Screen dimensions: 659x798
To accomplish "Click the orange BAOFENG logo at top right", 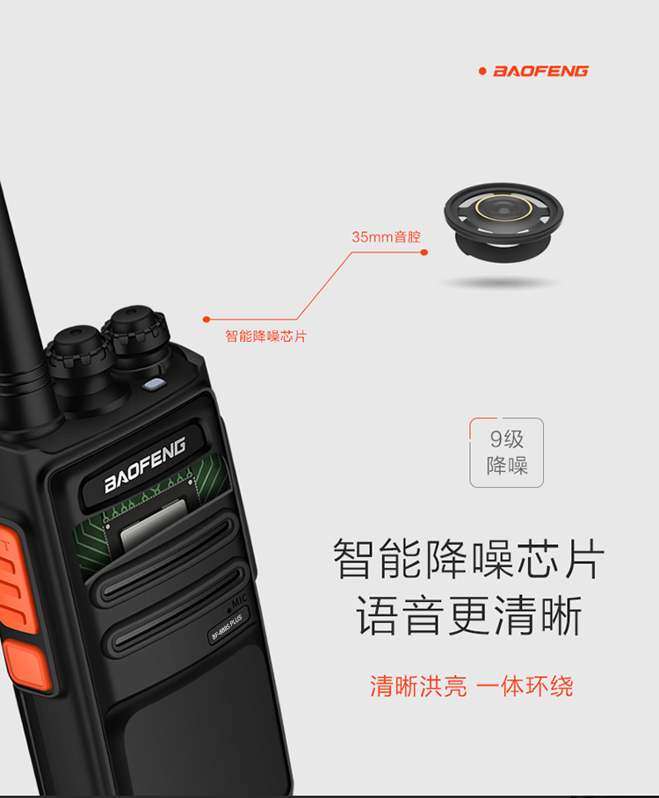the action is [541, 70].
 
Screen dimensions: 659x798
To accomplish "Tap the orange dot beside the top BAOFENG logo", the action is [482, 71].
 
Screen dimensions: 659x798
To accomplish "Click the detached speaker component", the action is [503, 222].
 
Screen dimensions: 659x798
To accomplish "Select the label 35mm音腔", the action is [387, 236].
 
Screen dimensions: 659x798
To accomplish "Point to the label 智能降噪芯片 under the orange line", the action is [266, 336].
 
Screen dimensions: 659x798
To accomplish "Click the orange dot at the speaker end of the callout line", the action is [424, 252].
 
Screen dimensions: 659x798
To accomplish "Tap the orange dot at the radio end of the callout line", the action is [206, 319].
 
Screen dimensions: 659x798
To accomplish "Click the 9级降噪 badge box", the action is [506, 453].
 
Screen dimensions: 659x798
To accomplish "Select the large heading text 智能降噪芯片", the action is [468, 559].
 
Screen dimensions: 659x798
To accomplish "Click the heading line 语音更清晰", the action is [468, 615].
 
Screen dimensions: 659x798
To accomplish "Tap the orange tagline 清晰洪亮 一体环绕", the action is [471, 686].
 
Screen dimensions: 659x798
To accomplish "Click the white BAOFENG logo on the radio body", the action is [145, 465].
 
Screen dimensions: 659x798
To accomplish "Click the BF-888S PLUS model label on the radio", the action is [227, 627].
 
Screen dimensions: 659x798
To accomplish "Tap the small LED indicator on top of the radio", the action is [154, 384].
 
